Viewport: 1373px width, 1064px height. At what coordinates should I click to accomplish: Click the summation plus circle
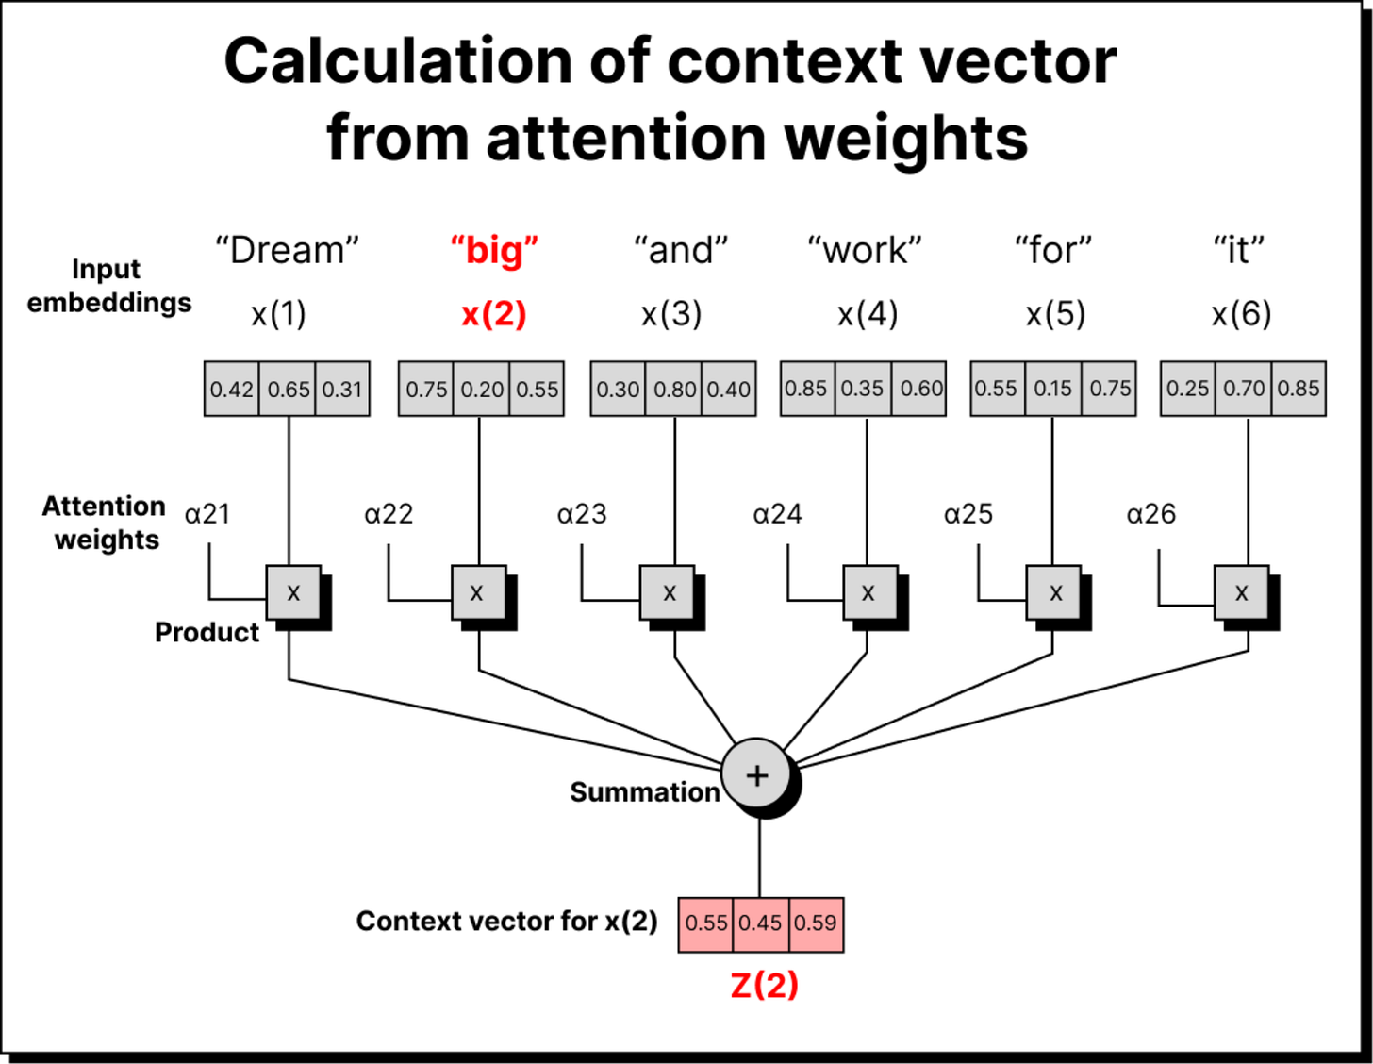[x=757, y=775]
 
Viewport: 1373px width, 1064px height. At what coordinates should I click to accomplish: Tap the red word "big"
[x=494, y=251]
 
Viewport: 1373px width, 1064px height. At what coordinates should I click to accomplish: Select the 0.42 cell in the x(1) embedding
[x=232, y=389]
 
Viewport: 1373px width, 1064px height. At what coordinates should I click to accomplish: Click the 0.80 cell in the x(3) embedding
[x=674, y=389]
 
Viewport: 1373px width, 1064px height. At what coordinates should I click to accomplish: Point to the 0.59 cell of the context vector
[x=816, y=923]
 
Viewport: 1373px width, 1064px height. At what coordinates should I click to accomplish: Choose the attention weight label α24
[x=777, y=514]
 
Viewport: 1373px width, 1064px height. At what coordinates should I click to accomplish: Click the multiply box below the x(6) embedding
[x=1241, y=593]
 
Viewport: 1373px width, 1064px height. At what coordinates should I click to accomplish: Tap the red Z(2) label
[x=764, y=986]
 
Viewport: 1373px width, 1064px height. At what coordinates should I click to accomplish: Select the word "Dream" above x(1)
[x=287, y=251]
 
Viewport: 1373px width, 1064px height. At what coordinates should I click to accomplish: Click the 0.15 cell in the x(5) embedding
[x=1052, y=389]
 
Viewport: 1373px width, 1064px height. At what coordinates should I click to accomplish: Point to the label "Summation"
[x=645, y=792]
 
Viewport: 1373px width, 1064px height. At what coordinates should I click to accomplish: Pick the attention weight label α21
[x=207, y=514]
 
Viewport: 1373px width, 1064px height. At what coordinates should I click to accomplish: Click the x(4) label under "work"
[x=868, y=314]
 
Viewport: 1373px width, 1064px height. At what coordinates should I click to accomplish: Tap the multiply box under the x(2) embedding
[x=478, y=593]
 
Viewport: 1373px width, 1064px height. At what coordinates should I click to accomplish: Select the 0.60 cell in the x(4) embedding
[x=920, y=389]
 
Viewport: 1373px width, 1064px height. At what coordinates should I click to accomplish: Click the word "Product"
[x=207, y=632]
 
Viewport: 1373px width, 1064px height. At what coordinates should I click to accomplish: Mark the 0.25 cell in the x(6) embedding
[x=1187, y=389]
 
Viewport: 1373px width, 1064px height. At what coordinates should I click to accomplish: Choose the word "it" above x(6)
[x=1238, y=251]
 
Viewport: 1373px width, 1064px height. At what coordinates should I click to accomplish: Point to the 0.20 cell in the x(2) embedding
[x=482, y=389]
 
